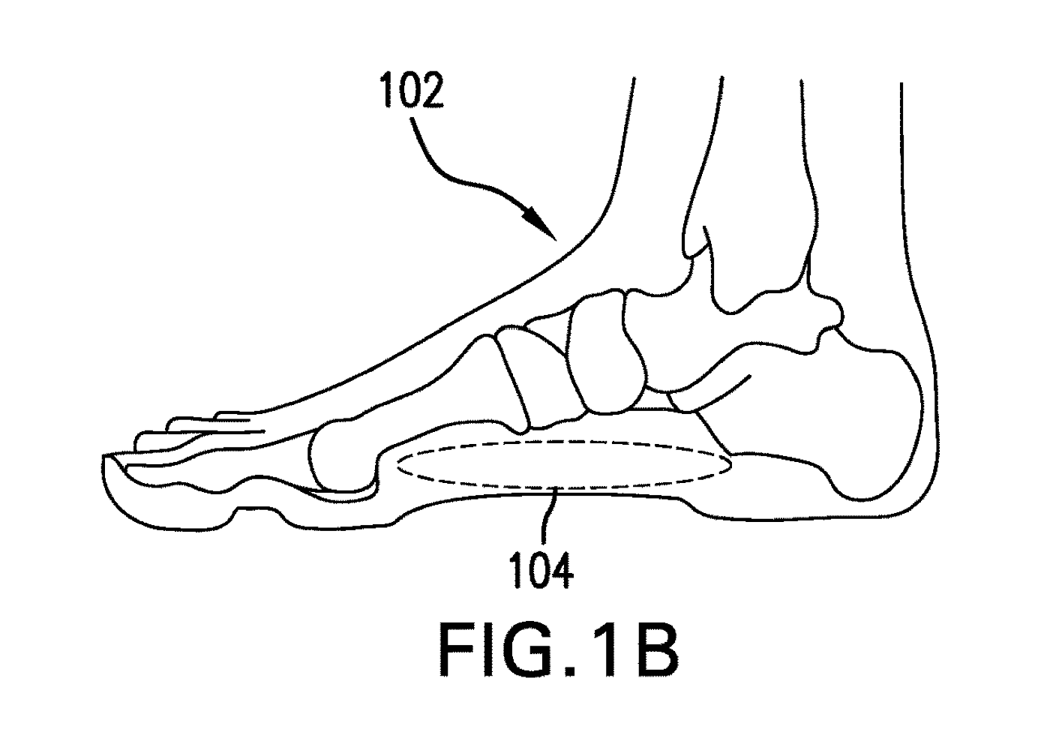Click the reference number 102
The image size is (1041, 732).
[412, 91]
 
